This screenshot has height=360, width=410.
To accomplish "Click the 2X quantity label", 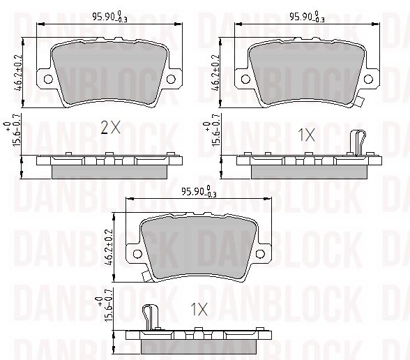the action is click(x=110, y=128).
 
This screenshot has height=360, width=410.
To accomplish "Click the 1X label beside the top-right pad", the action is click(x=307, y=135).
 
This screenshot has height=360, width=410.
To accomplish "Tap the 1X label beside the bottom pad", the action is click(x=199, y=309).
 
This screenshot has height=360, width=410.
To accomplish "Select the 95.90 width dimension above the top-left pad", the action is click(x=110, y=17).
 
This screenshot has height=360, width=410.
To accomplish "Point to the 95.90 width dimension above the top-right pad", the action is click(x=307, y=17).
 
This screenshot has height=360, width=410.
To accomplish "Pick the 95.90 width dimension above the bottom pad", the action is click(x=199, y=192).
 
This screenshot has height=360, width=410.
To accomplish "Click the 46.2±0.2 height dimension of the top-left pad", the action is click(x=19, y=73).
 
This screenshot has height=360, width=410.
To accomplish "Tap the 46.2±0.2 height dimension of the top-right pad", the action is click(x=215, y=73).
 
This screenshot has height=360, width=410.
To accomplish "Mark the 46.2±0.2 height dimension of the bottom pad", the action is click(x=109, y=247).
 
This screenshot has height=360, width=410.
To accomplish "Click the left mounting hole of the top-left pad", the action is click(x=48, y=79).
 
